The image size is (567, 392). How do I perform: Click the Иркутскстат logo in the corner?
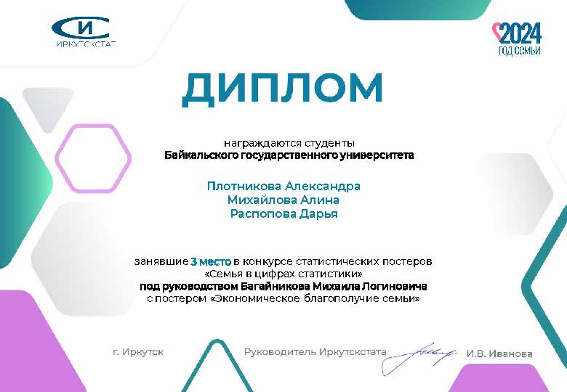pos(84,32)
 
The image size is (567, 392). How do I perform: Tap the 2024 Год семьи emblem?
pos(518,39)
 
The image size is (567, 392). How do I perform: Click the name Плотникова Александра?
pos(283,187)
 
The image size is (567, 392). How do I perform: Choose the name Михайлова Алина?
pos(283,200)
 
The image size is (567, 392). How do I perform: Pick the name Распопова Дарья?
pos(283,213)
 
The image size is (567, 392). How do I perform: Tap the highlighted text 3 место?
pos(211,261)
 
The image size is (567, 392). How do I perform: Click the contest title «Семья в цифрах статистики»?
pos(283,274)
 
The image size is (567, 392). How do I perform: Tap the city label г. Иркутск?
pos(138,351)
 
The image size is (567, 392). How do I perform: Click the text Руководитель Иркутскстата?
pos(315,351)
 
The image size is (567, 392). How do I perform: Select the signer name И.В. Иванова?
pos(499,354)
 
